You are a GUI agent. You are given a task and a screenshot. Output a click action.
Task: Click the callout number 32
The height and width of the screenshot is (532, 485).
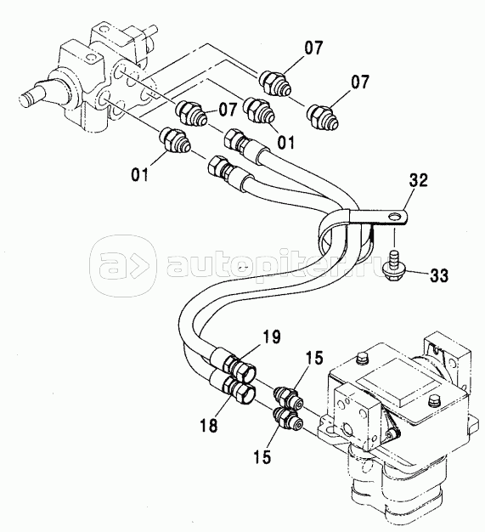coord(419,180)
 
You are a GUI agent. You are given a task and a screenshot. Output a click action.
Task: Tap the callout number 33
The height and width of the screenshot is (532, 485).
coord(439,275)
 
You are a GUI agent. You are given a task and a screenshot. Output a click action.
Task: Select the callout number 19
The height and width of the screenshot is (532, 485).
coord(271,337)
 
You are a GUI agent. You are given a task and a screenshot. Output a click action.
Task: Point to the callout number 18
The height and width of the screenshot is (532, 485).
coord(209,425)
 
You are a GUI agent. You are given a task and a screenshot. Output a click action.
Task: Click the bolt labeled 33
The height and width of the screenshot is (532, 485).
coord(394,267)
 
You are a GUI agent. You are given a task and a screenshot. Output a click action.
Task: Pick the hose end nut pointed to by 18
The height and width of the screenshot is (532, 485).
coord(240,391)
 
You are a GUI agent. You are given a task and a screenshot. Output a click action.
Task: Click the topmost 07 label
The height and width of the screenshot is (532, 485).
coord(313,48)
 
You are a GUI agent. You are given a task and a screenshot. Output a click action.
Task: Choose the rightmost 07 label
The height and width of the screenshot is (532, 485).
coord(359,82)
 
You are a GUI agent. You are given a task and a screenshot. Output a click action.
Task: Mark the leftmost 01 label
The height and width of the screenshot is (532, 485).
coord(140,175)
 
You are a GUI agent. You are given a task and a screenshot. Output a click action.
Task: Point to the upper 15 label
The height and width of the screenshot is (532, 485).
coord(314,358)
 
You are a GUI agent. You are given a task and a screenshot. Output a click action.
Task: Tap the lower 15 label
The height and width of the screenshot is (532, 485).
coord(262,457)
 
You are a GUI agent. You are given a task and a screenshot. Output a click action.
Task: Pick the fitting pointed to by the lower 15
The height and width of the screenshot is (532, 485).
coord(288,419)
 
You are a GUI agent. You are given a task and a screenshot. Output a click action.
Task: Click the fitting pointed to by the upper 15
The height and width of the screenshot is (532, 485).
coord(288,397)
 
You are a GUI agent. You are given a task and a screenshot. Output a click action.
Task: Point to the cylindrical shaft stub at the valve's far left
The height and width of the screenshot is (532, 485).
coord(33,95)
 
